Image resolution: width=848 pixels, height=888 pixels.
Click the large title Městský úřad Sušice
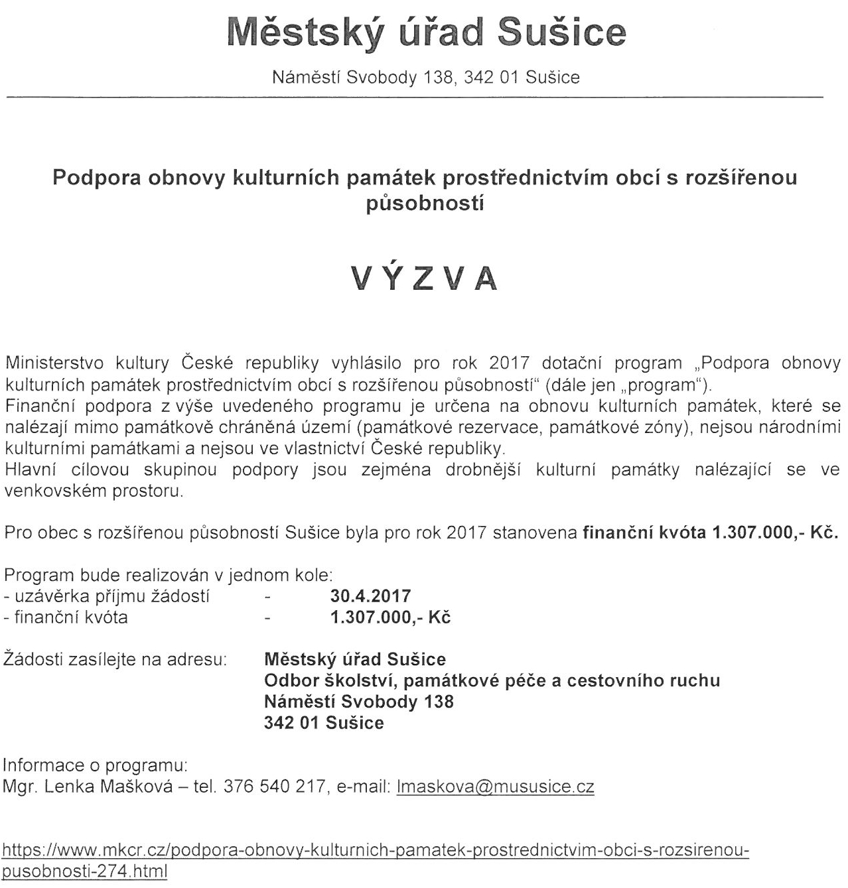point(426,33)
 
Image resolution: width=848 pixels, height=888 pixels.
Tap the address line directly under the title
point(426,78)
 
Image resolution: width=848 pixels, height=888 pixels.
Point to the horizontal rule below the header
point(414,98)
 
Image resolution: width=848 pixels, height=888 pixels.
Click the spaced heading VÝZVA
point(425,279)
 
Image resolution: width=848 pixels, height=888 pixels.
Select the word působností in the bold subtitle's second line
point(425,202)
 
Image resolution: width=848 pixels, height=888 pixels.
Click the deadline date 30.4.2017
point(370,596)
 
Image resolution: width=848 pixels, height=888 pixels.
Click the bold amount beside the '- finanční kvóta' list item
point(390,617)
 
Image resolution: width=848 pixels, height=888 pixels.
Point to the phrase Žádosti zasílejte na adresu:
point(115,660)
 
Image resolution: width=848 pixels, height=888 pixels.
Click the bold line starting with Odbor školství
point(492,680)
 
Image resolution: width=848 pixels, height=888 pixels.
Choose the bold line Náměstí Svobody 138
point(358,702)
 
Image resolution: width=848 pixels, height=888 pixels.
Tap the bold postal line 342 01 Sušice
point(324,723)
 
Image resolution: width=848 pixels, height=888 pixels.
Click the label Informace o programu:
point(96,765)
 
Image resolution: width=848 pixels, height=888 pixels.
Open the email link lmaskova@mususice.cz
point(494,787)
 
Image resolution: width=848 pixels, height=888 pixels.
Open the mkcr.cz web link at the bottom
point(376,851)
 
